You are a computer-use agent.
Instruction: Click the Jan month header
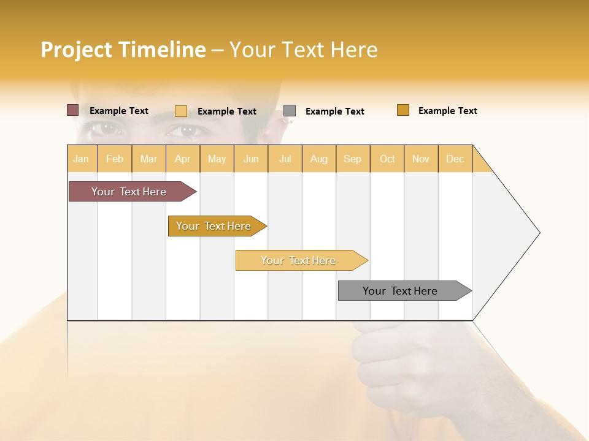(82, 159)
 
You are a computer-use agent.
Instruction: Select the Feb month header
(115, 159)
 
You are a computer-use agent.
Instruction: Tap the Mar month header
(148, 159)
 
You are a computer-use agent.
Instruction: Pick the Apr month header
(183, 159)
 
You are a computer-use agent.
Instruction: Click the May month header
(217, 159)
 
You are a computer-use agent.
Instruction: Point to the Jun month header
(251, 159)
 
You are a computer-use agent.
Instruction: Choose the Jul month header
(285, 159)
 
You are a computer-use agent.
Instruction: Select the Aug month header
(319, 159)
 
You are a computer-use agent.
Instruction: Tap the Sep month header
(353, 159)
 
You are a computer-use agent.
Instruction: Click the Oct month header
(387, 159)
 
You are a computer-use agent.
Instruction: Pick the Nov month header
(421, 159)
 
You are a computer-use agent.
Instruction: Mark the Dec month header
(455, 159)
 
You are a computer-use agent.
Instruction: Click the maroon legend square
(73, 110)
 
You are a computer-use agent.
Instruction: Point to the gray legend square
(290, 111)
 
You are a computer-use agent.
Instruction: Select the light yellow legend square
(181, 111)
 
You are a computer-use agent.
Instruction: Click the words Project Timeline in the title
(123, 50)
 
